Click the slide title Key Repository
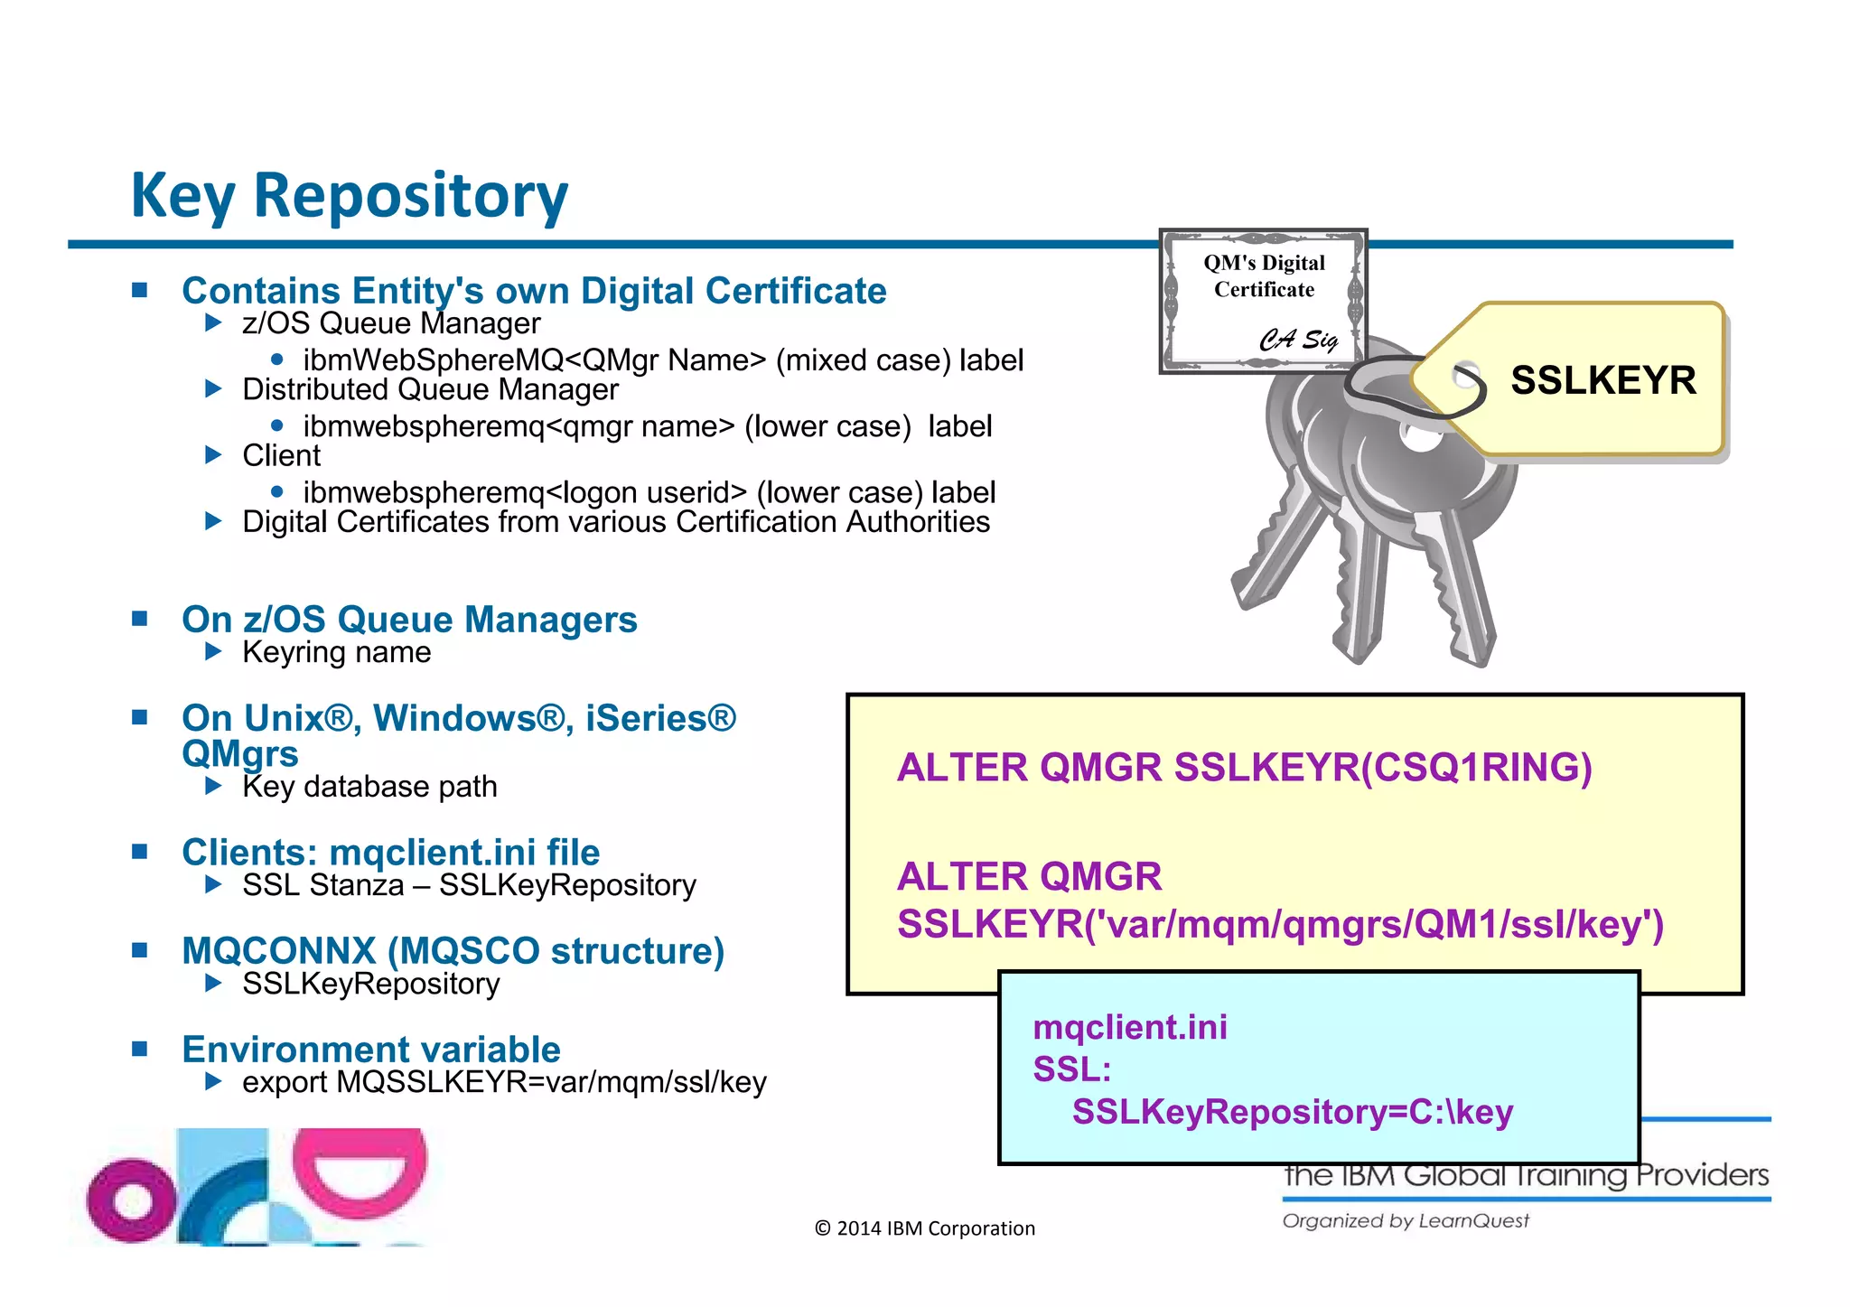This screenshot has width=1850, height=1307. click(x=350, y=195)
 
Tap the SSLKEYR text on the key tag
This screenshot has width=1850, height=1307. click(x=1602, y=380)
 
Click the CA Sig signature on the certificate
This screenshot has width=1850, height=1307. click(x=1298, y=340)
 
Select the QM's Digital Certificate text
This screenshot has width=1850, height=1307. click(x=1264, y=275)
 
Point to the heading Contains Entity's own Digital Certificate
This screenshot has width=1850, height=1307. click(x=534, y=291)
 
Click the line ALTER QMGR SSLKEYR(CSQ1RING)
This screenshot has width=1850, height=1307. click(x=1244, y=768)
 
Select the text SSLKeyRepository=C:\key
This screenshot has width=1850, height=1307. click(x=1292, y=1112)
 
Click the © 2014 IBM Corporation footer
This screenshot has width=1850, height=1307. click(x=924, y=1228)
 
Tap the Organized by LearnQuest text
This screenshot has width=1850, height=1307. click(x=1405, y=1221)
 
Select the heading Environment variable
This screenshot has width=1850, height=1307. click(x=370, y=1050)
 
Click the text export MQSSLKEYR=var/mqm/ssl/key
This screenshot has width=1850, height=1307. click(x=504, y=1082)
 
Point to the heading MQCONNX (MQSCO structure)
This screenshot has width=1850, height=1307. click(x=453, y=951)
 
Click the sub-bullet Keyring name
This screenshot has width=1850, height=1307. click(x=336, y=652)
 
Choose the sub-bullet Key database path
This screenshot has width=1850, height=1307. click(x=369, y=787)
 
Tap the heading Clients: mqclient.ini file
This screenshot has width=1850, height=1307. click(x=390, y=853)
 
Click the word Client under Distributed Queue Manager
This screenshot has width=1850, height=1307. click(x=281, y=455)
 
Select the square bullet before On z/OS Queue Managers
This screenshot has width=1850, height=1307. click(x=139, y=619)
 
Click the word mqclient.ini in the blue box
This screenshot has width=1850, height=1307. click(x=1129, y=1028)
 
